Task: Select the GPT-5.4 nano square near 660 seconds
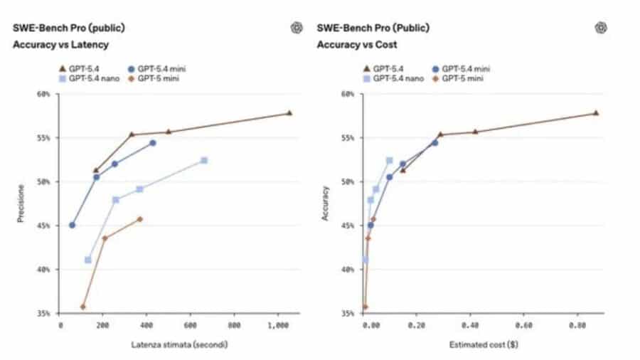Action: pos(204,161)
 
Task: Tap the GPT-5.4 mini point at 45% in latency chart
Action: pos(72,225)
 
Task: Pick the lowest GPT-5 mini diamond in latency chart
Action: pos(83,307)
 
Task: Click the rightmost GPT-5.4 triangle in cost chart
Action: pos(596,113)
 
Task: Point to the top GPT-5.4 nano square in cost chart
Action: pos(389,161)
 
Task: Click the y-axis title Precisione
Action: pos(21,203)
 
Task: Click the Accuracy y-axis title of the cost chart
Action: pos(326,203)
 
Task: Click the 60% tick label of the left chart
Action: pos(45,94)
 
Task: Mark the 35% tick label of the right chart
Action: pos(349,314)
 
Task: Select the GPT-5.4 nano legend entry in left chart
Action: pos(90,78)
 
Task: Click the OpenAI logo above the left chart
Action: pos(297,28)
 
